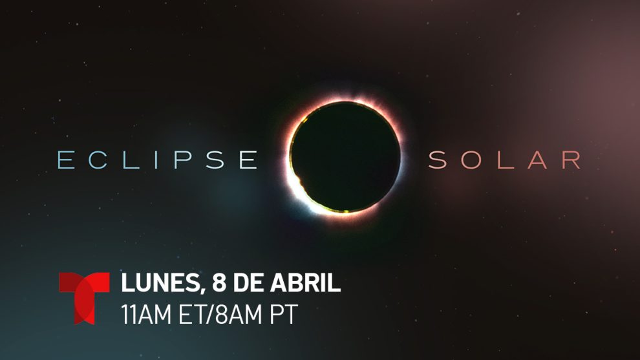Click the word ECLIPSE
click(158, 160)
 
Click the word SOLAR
click(504, 160)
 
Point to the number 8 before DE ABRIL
click(219, 282)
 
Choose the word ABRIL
click(305, 282)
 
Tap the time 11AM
click(146, 314)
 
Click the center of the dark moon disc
click(345, 157)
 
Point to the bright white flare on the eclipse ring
click(301, 191)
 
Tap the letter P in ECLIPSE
click(183, 160)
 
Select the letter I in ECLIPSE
click(156, 160)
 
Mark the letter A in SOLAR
click(537, 160)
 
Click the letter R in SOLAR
click(571, 160)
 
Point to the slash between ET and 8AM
click(211, 315)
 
